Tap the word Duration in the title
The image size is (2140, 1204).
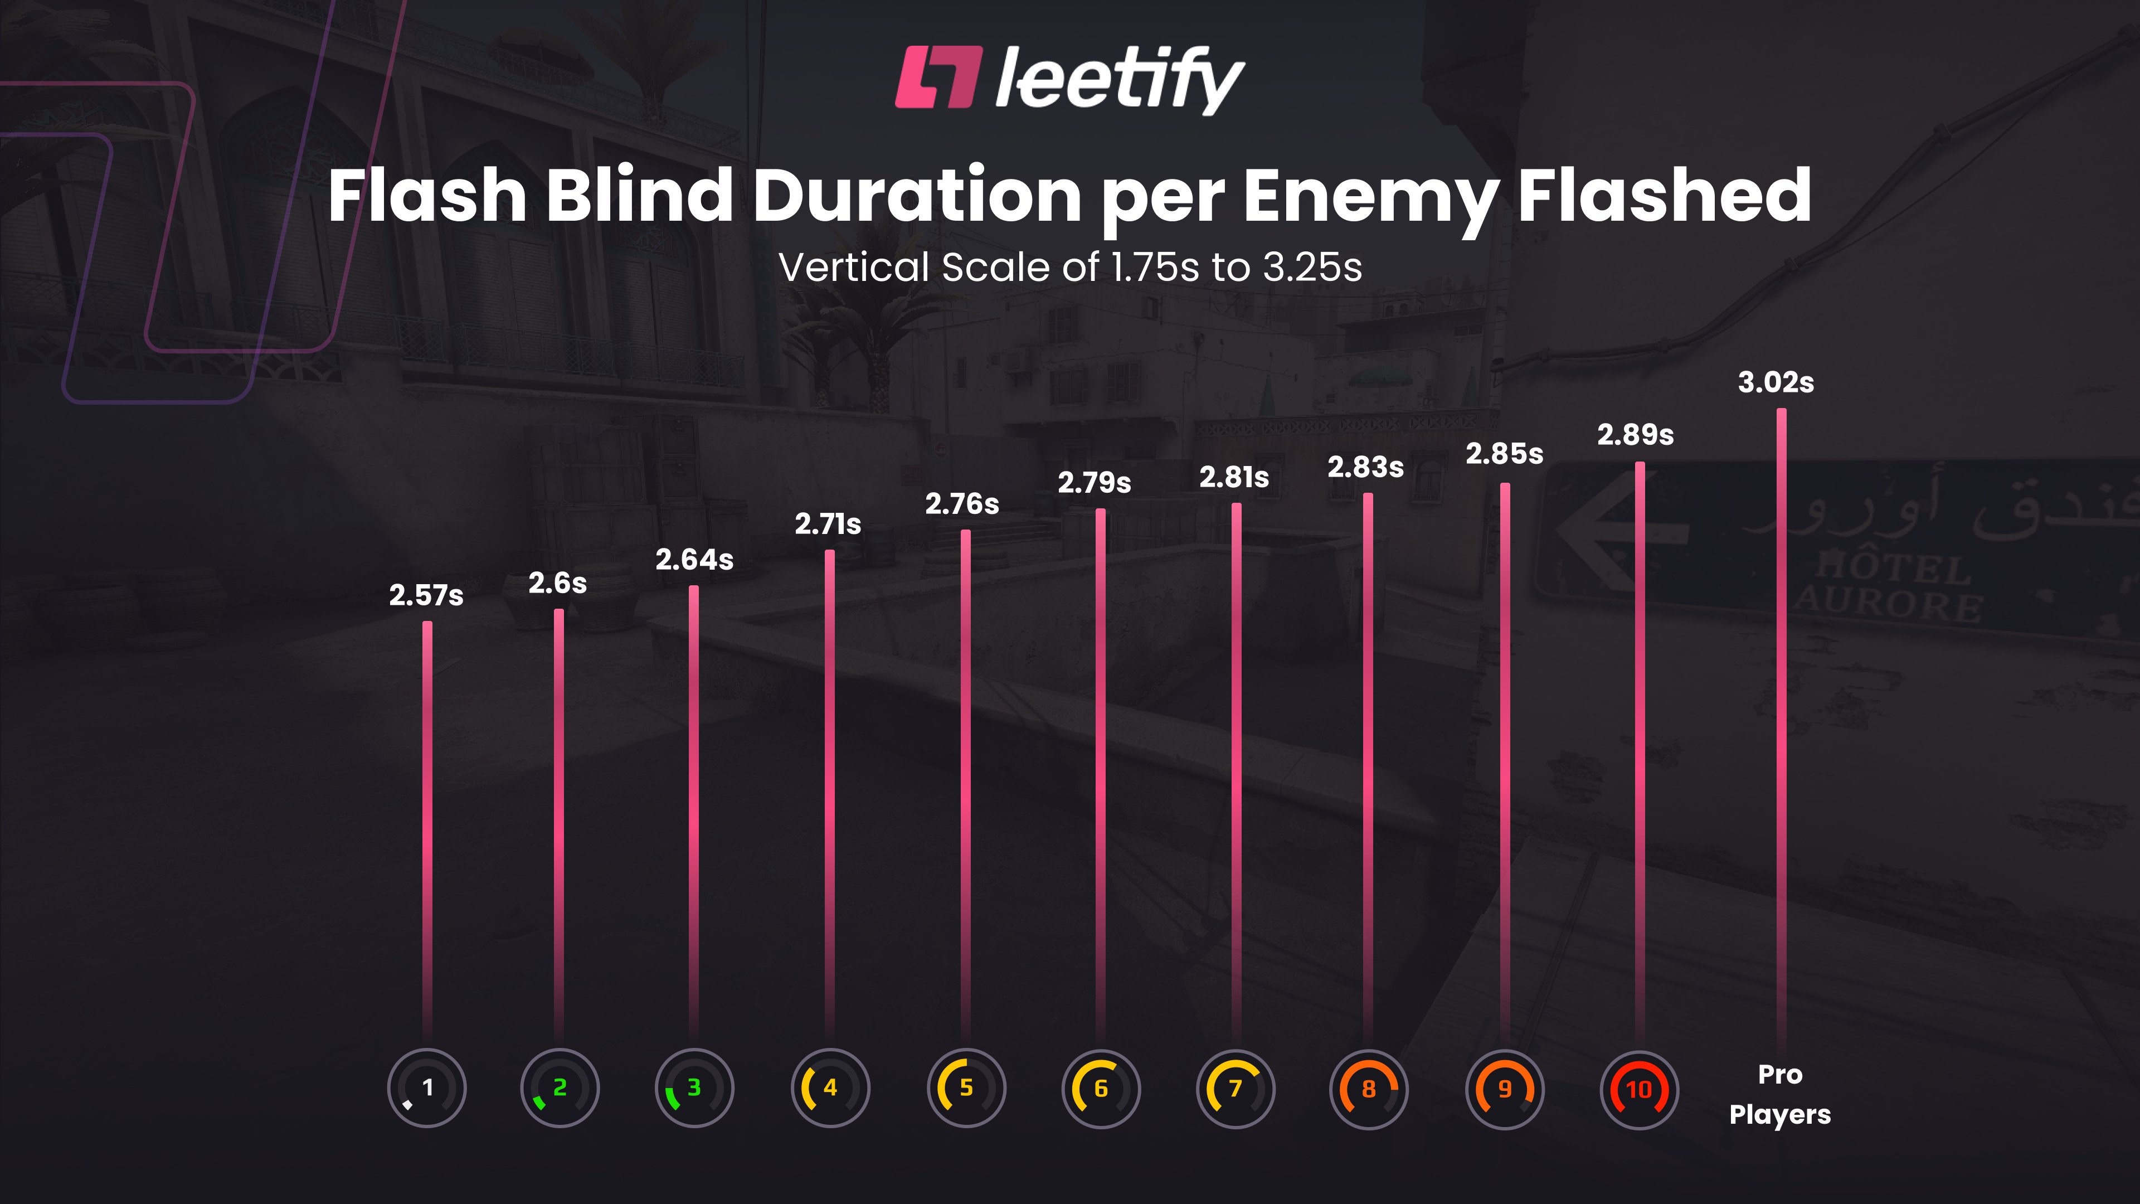[916, 196]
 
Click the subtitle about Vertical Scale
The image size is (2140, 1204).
[1070, 268]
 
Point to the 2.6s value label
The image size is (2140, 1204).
[557, 583]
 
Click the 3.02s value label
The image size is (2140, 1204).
[1776, 382]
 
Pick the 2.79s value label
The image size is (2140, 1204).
[1093, 482]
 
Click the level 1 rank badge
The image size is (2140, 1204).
[426, 1088]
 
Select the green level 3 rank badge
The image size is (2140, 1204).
[694, 1088]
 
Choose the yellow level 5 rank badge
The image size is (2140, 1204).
[965, 1088]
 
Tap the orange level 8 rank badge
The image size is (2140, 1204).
[1368, 1089]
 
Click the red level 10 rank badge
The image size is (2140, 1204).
[1638, 1089]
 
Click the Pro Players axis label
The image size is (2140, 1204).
[1779, 1094]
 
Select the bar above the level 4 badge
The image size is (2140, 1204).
[829, 789]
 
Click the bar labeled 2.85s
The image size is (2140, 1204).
[1505, 756]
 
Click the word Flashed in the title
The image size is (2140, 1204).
[1664, 196]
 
